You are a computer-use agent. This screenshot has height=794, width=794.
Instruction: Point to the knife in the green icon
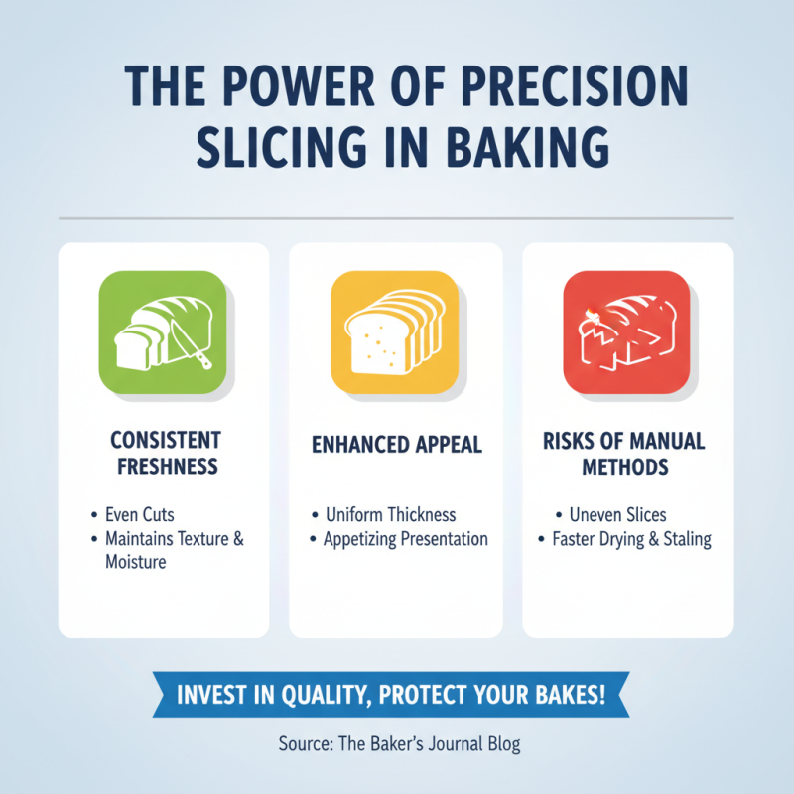pyautogui.click(x=192, y=342)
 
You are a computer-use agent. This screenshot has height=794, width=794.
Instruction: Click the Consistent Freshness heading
pyautogui.click(x=165, y=452)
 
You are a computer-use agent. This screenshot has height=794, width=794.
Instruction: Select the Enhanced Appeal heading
pyautogui.click(x=396, y=444)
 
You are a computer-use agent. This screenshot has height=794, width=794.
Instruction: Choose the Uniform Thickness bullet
pyautogui.click(x=391, y=515)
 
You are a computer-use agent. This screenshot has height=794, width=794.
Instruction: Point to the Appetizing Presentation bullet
pyautogui.click(x=406, y=539)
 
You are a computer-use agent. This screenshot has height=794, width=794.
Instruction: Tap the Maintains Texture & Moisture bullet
pyautogui.click(x=174, y=550)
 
